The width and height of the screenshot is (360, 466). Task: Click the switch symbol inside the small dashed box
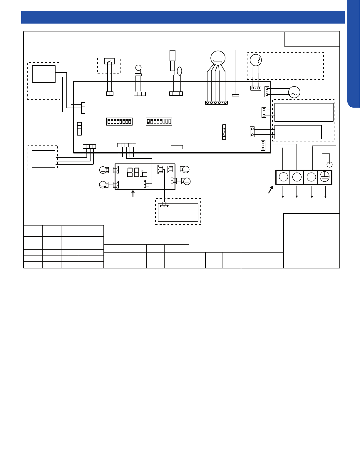[x=109, y=61]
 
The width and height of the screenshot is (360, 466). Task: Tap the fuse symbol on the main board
[x=224, y=132]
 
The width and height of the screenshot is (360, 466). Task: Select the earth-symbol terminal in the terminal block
[x=325, y=177]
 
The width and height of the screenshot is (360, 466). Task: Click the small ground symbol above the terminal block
[x=329, y=164]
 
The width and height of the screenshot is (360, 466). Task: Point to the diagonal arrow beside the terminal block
[x=271, y=190]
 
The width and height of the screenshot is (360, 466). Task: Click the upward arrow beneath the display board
[x=133, y=193]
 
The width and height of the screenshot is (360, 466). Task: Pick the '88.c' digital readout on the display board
[x=137, y=172]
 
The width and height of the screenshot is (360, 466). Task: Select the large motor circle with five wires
[x=218, y=58]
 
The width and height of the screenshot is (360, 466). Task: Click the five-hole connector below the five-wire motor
[x=216, y=103]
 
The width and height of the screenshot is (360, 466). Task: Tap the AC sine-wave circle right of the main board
[x=294, y=92]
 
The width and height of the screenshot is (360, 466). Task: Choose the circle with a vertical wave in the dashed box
[x=256, y=60]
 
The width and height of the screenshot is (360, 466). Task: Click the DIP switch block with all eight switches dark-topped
[x=119, y=122]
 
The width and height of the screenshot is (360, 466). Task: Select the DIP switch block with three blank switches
[x=159, y=121]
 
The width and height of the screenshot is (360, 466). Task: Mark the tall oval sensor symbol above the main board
[x=180, y=71]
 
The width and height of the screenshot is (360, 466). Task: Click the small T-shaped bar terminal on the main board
[x=235, y=95]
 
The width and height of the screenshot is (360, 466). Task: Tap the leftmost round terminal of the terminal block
[x=283, y=177]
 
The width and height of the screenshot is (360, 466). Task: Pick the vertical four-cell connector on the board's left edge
[x=80, y=129]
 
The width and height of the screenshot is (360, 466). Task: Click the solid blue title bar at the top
[x=183, y=17]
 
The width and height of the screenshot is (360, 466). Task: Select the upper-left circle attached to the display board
[x=103, y=170]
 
